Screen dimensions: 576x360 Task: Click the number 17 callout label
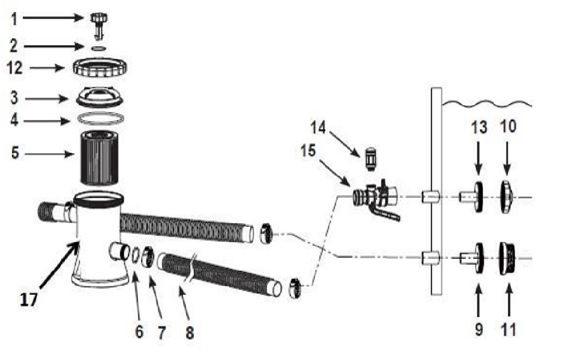coord(29,300)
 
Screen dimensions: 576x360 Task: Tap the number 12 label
coord(15,68)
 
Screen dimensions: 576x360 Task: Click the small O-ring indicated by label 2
coord(98,49)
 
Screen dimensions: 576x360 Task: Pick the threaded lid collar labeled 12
coord(100,67)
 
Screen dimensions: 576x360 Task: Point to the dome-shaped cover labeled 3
coord(99,97)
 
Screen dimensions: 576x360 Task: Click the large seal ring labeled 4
coord(100,119)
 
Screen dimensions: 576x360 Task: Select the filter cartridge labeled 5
coord(99,158)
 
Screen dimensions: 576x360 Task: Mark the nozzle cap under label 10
coord(507,197)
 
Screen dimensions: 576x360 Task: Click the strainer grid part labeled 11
coord(507,259)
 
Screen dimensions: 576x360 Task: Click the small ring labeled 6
coord(135,255)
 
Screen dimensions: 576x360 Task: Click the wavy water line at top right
coord(487,103)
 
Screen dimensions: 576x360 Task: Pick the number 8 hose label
coord(190,333)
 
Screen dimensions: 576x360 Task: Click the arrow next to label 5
coord(50,154)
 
